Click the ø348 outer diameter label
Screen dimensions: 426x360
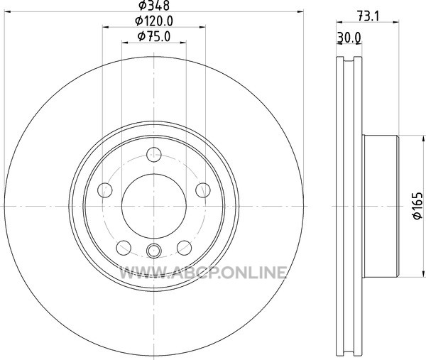tap(154, 5)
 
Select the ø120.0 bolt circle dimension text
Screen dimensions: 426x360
tap(154, 21)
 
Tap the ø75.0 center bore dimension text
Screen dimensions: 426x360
tap(154, 36)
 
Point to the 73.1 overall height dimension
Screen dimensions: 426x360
tap(368, 16)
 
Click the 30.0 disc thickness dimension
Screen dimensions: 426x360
tap(349, 38)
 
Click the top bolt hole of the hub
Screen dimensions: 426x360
tap(154, 155)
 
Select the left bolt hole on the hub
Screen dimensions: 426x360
tap(105, 190)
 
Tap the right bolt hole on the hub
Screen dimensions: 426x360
tap(203, 190)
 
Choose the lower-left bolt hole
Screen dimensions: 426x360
tap(124, 248)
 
